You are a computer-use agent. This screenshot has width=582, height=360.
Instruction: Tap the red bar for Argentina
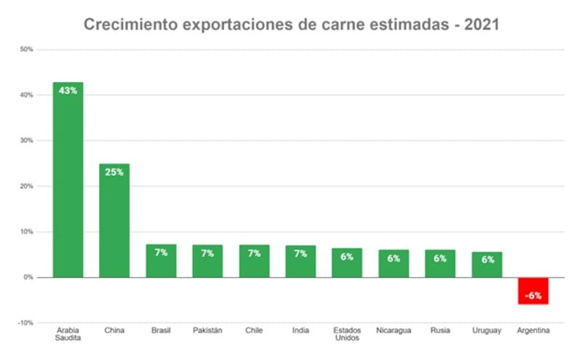pos(533,291)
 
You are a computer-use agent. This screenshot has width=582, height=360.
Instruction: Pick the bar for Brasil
pos(161,261)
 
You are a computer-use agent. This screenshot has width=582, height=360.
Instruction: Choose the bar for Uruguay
pos(487,265)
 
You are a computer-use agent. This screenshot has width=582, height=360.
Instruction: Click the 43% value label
pos(68,91)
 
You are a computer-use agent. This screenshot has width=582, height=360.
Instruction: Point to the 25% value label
pos(114,172)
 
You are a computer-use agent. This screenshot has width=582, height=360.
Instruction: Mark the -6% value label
pos(533,295)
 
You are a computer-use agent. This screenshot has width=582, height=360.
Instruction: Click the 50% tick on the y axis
pos(26,49)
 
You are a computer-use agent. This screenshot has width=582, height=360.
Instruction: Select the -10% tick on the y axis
pos(25,323)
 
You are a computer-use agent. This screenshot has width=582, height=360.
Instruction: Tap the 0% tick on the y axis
pos(28,277)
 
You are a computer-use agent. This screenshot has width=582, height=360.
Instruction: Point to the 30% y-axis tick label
pos(26,140)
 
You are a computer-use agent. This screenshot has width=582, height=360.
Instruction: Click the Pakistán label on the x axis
pos(207,331)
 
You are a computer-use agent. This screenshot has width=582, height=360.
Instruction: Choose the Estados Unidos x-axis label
pos(347,335)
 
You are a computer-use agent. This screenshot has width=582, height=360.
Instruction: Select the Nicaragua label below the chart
pos(394,331)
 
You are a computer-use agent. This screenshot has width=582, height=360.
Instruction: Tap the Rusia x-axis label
pos(440,331)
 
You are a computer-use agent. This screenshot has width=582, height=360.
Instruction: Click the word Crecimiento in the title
pos(127,24)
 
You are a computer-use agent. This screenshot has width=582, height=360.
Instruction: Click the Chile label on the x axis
pos(254,331)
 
